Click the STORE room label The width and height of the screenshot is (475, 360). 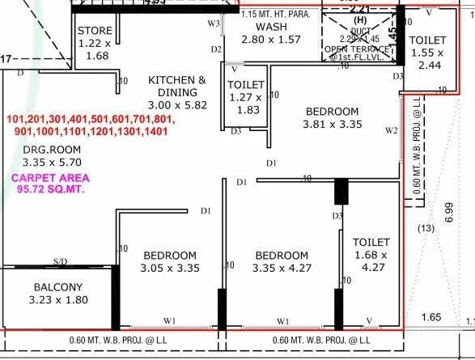pos(95,31)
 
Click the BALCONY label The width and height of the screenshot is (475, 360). pos(57,287)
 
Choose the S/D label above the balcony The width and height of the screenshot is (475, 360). pos(60,261)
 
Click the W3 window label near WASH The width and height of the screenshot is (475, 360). pos(214,23)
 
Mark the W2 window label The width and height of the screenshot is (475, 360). pos(392,129)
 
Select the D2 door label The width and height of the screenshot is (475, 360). pos(216,50)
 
